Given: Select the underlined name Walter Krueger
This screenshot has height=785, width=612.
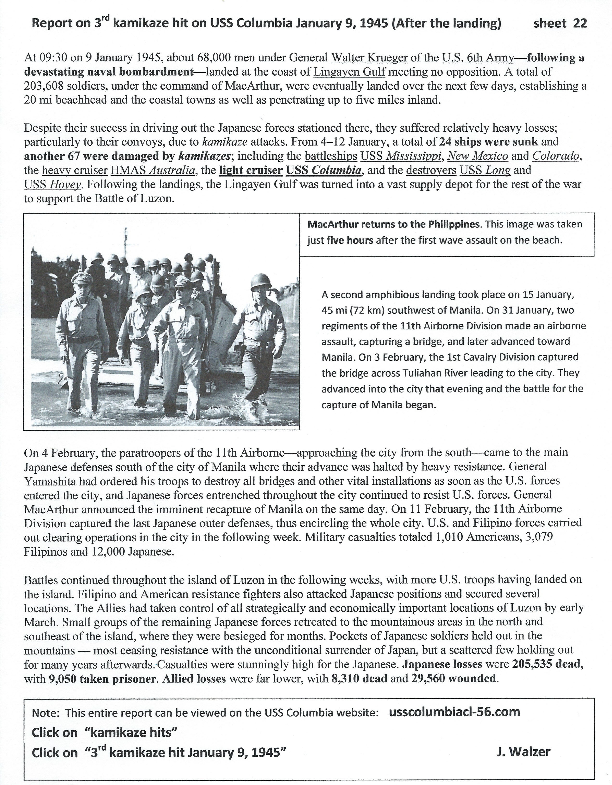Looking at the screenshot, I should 369,58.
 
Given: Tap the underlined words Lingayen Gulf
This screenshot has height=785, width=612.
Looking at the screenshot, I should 349,72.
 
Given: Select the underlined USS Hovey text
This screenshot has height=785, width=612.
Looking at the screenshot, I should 53,184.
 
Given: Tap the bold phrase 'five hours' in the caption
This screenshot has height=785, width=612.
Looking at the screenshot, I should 350,240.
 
